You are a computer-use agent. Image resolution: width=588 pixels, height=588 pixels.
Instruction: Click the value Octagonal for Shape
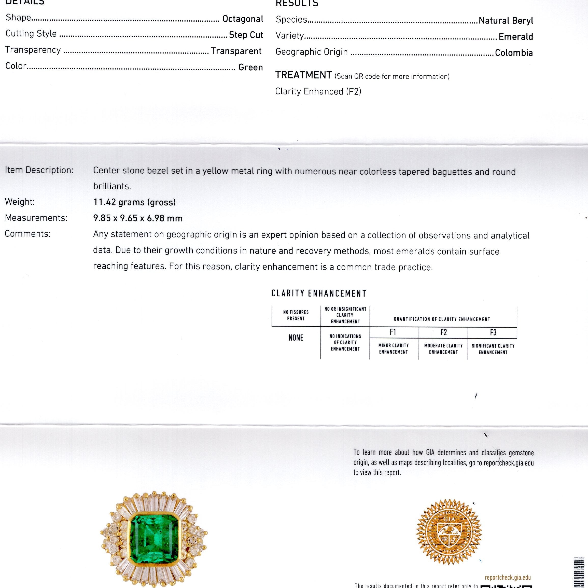pos(243,19)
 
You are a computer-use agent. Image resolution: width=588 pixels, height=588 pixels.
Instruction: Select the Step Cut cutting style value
pos(246,35)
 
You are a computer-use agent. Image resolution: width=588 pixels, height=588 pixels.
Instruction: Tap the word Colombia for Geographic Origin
pos(514,53)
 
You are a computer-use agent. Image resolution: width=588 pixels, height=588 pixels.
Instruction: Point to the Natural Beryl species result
pos(506,21)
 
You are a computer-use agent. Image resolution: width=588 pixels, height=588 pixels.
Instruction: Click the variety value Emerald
pos(515,37)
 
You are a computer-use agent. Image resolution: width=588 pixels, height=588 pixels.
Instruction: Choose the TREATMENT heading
pos(303,75)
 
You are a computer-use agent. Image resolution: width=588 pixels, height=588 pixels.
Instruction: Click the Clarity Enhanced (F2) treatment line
pos(318,91)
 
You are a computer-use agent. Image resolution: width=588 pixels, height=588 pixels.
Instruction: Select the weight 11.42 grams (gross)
pos(134,202)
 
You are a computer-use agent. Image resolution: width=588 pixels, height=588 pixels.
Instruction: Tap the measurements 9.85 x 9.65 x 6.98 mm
pos(138,218)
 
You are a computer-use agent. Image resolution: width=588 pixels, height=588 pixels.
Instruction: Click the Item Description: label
pos(39,170)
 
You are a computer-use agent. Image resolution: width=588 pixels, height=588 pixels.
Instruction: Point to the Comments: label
pos(28,234)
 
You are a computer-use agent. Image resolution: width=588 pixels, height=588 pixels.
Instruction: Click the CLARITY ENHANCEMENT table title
pos(319,293)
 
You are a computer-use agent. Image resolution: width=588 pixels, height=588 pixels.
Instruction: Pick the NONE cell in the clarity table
pos(296,338)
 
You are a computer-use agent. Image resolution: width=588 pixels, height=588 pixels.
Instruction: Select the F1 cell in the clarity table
pos(393,332)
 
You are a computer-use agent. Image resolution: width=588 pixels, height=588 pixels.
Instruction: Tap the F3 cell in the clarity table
pos(493,333)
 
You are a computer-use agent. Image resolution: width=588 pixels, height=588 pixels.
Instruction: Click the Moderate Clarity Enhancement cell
pos(443,349)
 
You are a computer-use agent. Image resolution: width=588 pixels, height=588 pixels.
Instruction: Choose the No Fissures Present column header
pos(296,315)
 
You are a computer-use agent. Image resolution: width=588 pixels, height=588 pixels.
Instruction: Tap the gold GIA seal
pos(449,531)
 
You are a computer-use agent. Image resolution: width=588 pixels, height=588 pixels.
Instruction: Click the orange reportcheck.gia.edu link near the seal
pos(508,578)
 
